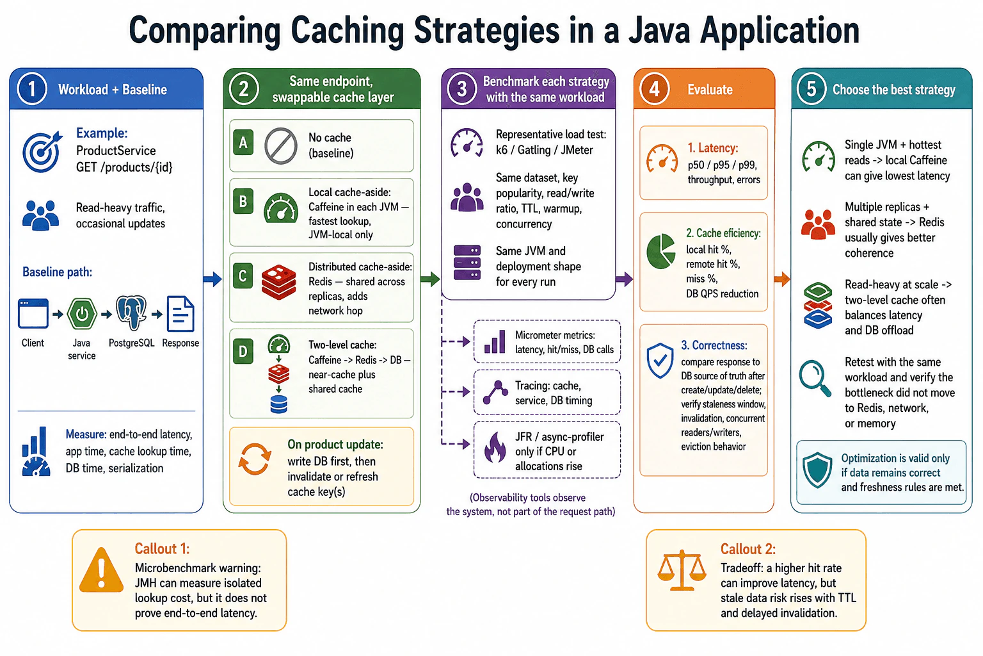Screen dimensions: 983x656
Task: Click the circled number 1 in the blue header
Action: (x=32, y=89)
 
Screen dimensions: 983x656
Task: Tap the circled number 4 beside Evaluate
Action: (x=654, y=89)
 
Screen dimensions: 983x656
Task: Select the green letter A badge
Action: (x=243, y=142)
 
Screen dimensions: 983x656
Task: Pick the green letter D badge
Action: (x=243, y=351)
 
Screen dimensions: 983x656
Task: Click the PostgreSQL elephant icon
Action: (x=131, y=313)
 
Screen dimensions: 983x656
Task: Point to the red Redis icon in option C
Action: (x=278, y=282)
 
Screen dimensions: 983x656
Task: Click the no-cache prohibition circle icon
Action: (x=281, y=146)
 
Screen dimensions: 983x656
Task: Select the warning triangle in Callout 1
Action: (x=101, y=570)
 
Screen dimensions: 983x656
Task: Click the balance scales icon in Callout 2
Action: (x=682, y=570)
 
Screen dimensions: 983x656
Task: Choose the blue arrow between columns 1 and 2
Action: (x=213, y=279)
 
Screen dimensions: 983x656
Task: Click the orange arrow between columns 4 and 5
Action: (x=782, y=279)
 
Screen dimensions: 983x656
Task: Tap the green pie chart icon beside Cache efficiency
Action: (x=661, y=251)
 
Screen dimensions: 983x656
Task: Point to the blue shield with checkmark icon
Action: (x=660, y=361)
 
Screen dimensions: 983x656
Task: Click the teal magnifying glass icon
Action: (x=815, y=379)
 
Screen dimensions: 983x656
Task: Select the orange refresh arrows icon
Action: (x=255, y=459)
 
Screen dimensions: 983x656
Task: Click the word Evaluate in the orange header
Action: (x=710, y=90)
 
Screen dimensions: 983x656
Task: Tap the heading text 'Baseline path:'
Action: (x=58, y=272)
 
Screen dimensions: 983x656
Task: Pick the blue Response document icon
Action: (x=180, y=314)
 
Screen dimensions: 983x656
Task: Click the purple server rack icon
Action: (x=467, y=262)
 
